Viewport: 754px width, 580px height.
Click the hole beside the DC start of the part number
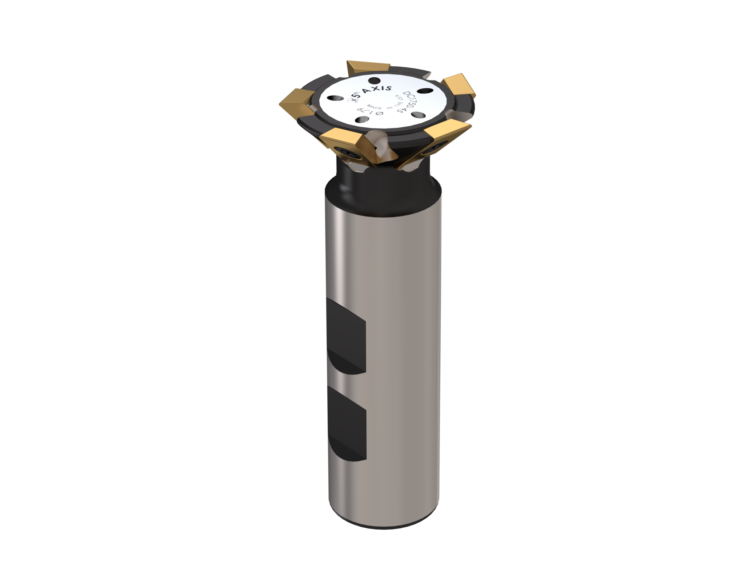423,91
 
